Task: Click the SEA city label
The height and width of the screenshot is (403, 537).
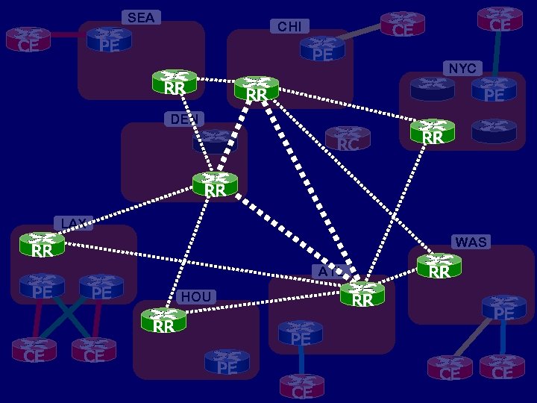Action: coord(140,17)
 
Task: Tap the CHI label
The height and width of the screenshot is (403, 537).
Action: coord(289,27)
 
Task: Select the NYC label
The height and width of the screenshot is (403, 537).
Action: coord(462,69)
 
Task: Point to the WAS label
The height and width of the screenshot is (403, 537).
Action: coord(471,242)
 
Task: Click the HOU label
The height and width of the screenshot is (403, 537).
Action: coord(196,296)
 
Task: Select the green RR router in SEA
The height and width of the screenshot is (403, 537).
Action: coord(175,82)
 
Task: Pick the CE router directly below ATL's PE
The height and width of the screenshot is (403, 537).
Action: coord(302,386)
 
